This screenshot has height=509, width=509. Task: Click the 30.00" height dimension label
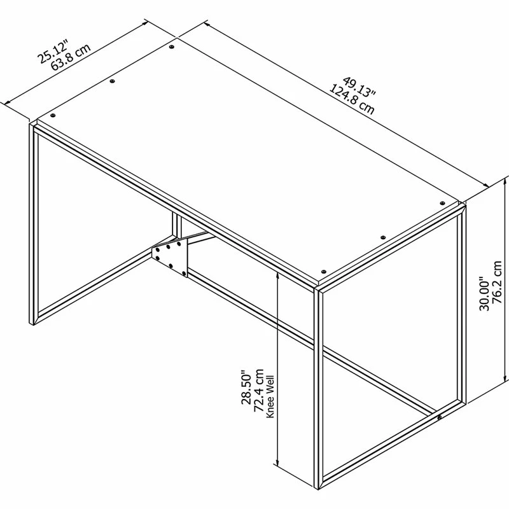click(x=484, y=293)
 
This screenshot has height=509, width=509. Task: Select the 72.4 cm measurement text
click(x=260, y=392)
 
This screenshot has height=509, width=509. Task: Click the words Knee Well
click(x=270, y=395)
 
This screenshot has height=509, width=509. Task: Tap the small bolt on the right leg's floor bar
click(x=440, y=417)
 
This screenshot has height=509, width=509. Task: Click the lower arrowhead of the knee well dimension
click(x=278, y=463)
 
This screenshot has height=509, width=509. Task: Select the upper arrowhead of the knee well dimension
click(x=278, y=275)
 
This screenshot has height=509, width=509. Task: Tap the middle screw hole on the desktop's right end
click(x=382, y=237)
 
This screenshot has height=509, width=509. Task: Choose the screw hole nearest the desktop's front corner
click(x=323, y=270)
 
